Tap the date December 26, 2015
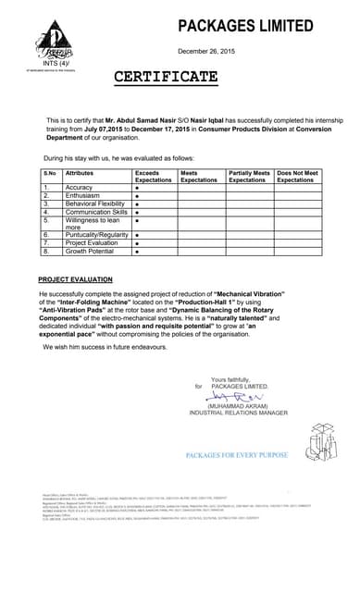[x=209, y=52]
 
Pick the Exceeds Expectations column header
[x=154, y=176]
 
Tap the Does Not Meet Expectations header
[x=297, y=176]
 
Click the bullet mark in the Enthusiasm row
[x=137, y=196]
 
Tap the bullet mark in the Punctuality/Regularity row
[x=137, y=235]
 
